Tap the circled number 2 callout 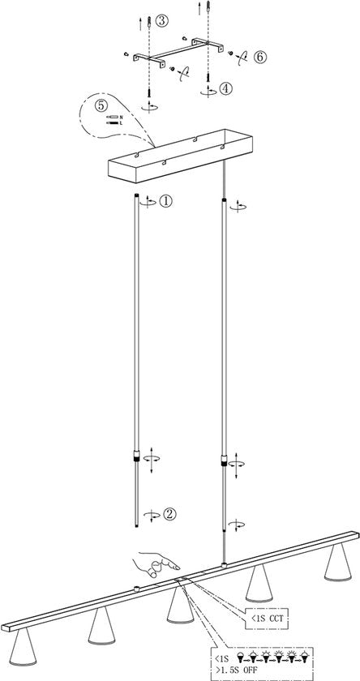[x=169, y=513]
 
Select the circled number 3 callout [x=163, y=23]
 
